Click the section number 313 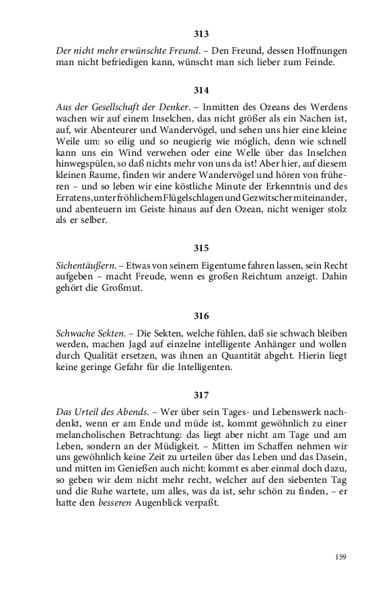click(200, 34)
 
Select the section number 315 click(200, 247)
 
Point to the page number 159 click(340, 556)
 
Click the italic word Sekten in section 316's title click(108, 333)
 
